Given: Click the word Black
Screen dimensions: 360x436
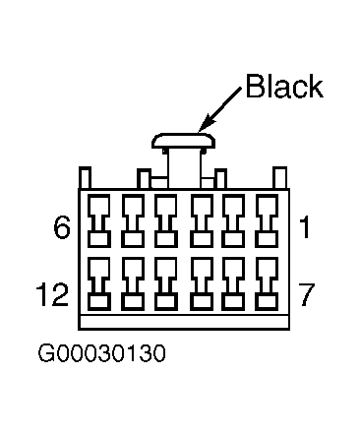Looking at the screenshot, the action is pyautogui.click(x=284, y=86).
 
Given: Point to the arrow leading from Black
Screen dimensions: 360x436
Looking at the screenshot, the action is pyautogui.click(x=219, y=110).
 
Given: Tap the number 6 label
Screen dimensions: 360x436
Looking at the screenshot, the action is pyautogui.click(x=62, y=227).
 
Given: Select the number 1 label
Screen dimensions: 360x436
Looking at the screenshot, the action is pyautogui.click(x=305, y=227).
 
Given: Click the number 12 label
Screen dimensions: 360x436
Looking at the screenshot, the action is pyautogui.click(x=52, y=294).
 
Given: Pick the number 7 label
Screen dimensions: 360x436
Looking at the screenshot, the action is pyautogui.click(x=306, y=294).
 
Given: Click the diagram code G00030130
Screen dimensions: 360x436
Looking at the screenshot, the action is pyautogui.click(x=101, y=353).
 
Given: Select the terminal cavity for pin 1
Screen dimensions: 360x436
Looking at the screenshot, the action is pyautogui.click(x=267, y=220).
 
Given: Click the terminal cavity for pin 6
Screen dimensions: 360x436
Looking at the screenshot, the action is pyautogui.click(x=98, y=220).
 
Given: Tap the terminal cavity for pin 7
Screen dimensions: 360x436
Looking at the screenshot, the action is pyautogui.click(x=267, y=283).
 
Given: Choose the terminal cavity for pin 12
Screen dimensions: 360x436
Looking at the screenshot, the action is pyautogui.click(x=98, y=283).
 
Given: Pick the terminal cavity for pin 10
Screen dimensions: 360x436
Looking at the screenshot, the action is pyautogui.click(x=166, y=283).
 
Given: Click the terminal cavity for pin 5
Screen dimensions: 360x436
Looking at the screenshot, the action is pyautogui.click(x=133, y=220).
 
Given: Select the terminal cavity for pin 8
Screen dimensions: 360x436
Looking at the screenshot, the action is pyautogui.click(x=233, y=283).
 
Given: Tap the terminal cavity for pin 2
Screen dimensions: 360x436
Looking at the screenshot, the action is pyautogui.click(x=233, y=220).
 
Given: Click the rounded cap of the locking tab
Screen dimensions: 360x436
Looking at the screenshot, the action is pyautogui.click(x=183, y=141).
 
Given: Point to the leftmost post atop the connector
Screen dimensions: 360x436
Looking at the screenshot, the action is pyautogui.click(x=85, y=178).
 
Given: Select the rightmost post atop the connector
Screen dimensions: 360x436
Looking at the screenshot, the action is pyautogui.click(x=279, y=178).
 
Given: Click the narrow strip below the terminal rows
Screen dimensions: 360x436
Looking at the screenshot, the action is pyautogui.click(x=184, y=322).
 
